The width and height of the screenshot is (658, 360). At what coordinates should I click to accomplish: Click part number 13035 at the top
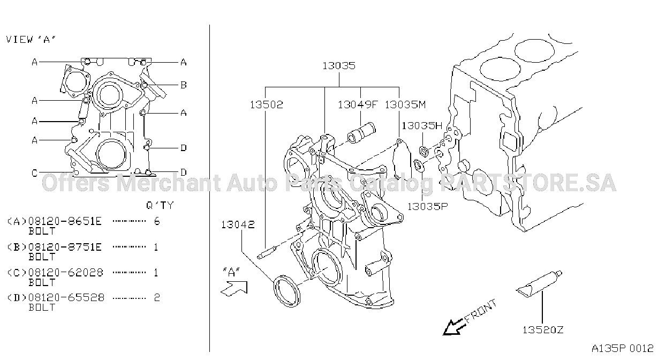click(x=339, y=65)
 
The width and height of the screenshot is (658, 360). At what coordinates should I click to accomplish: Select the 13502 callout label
click(x=267, y=104)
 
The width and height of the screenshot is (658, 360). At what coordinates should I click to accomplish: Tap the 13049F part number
click(x=357, y=104)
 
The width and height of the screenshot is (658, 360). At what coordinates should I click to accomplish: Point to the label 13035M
click(x=405, y=104)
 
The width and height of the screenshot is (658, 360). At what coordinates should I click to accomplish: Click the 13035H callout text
click(x=422, y=126)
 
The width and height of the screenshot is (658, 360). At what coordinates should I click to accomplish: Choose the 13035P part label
click(x=427, y=207)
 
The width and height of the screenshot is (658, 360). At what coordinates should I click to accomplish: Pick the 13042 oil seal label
click(x=238, y=225)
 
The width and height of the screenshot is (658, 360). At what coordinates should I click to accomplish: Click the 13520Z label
click(x=543, y=329)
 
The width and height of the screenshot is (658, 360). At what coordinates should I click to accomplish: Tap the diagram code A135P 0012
click(x=622, y=349)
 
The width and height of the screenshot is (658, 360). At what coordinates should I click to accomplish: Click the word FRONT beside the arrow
click(x=481, y=311)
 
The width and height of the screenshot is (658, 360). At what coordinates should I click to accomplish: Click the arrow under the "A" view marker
click(x=234, y=289)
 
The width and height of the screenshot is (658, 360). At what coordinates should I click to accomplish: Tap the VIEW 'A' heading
click(x=31, y=40)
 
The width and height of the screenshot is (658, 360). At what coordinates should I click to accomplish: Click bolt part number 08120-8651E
click(x=65, y=221)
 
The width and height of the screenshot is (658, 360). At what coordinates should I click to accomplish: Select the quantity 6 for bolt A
click(x=157, y=221)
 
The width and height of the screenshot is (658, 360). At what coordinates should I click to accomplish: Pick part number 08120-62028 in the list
click(x=66, y=273)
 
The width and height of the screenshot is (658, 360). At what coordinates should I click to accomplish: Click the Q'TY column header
click(x=160, y=205)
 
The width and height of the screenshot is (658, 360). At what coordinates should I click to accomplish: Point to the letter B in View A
click(x=184, y=85)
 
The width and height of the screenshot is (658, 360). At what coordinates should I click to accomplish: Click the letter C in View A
click(x=35, y=173)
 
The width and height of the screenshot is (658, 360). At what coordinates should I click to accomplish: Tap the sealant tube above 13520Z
click(x=539, y=284)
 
